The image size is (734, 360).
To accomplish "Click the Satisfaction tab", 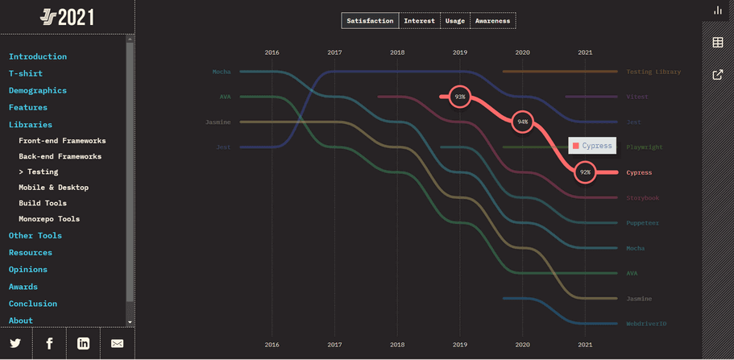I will (x=370, y=21).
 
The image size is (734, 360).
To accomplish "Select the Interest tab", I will (x=419, y=21).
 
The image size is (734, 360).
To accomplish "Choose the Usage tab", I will (x=455, y=21).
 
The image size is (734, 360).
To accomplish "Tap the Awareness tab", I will (x=492, y=21).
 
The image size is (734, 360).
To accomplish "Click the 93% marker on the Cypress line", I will (x=460, y=97).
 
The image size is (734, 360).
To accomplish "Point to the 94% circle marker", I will (x=523, y=122).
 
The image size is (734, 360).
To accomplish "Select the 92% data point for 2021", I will (x=586, y=172).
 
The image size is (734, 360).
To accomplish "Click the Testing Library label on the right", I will (x=653, y=72).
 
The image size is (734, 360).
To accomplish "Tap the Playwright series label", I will (x=645, y=147).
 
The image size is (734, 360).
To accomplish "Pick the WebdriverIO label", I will (x=646, y=324).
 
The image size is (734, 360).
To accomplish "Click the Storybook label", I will (x=643, y=198).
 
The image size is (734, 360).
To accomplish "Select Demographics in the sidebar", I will (x=38, y=90).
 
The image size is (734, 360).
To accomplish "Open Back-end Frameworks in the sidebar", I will (x=60, y=156).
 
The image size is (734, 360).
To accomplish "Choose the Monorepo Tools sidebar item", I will (x=49, y=219).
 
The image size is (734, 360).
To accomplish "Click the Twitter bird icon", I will (x=15, y=343).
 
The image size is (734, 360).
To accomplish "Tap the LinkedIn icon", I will (x=83, y=343).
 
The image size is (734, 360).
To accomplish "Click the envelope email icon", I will (x=117, y=343).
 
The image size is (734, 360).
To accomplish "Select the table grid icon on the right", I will (x=718, y=43).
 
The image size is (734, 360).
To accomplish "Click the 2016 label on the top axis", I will (x=272, y=52).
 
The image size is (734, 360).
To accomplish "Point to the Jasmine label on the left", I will (x=218, y=122).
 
